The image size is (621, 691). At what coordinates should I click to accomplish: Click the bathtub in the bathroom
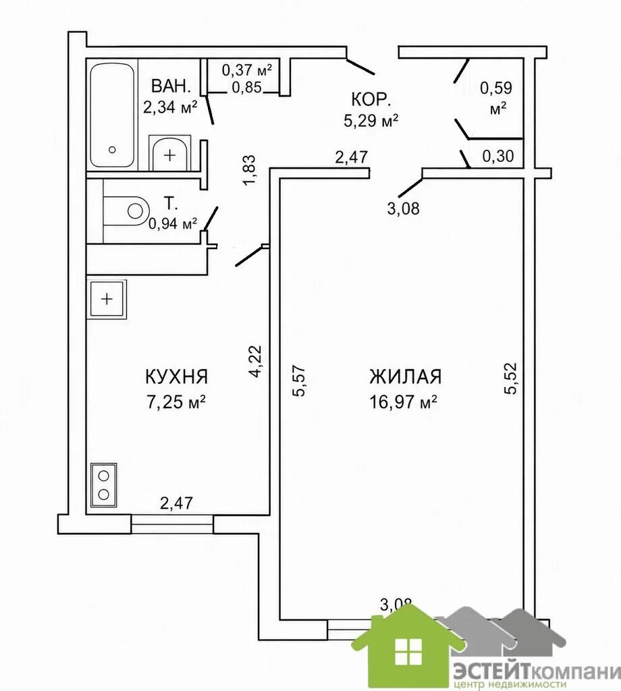coord(113,115)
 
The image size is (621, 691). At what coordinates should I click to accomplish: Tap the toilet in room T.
coord(125,211)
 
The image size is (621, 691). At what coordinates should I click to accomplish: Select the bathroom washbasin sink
coord(169,153)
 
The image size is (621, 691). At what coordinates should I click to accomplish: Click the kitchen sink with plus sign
coord(107,299)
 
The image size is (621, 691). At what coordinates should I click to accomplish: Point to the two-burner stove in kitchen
coord(103,485)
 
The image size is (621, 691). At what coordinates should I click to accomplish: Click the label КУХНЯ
coord(176,377)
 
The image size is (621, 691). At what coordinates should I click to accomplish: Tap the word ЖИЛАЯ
coord(406,377)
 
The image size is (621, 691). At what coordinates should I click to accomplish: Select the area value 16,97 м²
coord(403,402)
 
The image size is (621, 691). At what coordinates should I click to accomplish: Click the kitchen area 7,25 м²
coord(176,402)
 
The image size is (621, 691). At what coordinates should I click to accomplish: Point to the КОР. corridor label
coord(371,100)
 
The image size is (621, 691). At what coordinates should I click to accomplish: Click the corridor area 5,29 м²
coord(371,120)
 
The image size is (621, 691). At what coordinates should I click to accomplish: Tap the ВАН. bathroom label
coord(171,86)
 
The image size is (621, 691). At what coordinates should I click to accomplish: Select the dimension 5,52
coord(510,378)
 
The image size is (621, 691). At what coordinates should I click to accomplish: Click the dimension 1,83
coord(248,170)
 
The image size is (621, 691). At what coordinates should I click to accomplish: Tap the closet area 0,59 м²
coord(496,98)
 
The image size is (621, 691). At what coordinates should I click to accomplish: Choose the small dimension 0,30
coord(498,156)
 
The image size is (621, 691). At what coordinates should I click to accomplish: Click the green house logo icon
coord(408,647)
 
